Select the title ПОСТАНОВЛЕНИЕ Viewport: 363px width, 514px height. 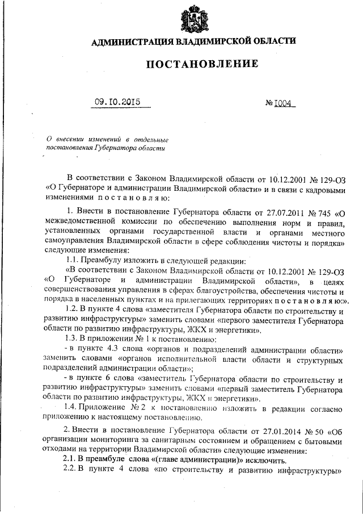[x=202, y=64]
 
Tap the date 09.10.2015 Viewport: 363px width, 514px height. [x=117, y=103]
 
